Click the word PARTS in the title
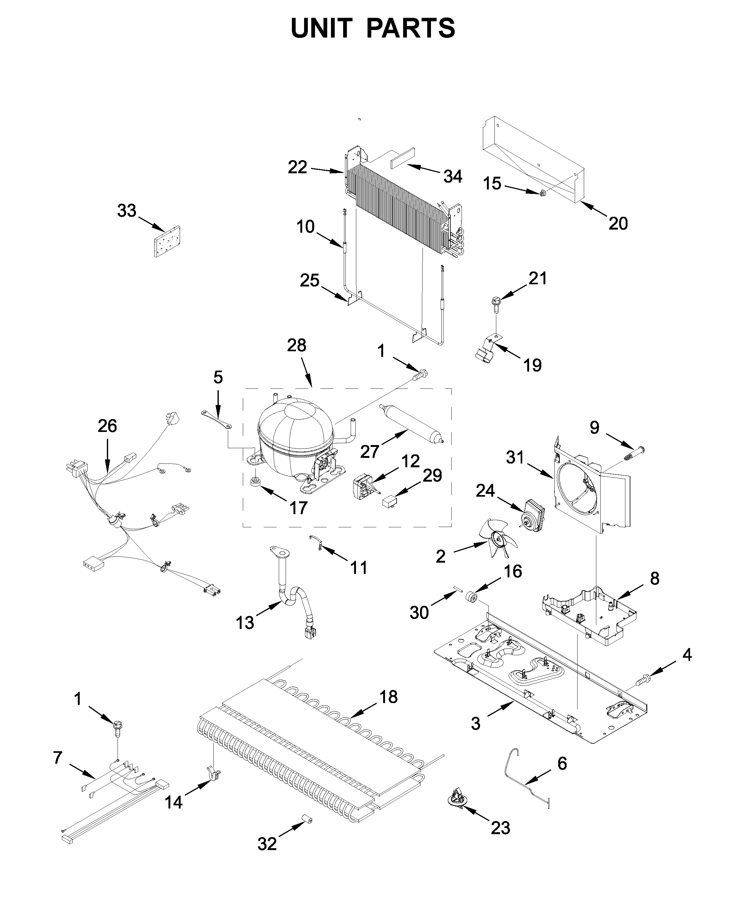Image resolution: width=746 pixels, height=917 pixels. pyautogui.click(x=410, y=28)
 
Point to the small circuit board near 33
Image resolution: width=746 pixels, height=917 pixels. pyautogui.click(x=167, y=242)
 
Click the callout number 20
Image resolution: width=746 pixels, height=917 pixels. pyautogui.click(x=618, y=223)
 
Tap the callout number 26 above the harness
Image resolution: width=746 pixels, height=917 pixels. pyautogui.click(x=107, y=426)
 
